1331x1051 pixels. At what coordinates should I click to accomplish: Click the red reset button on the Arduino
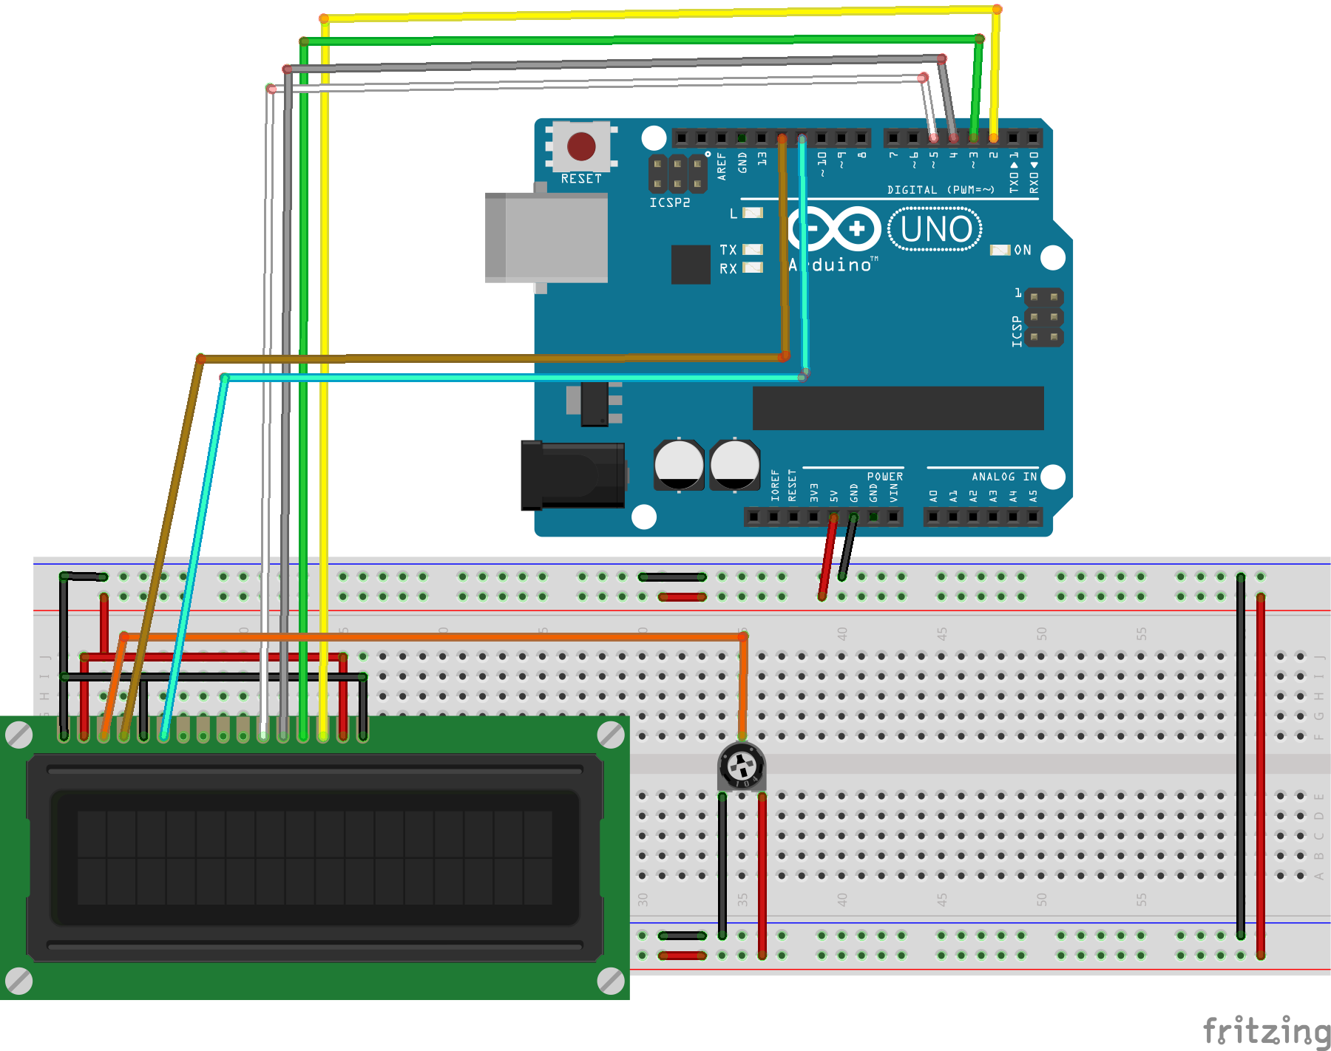[581, 146]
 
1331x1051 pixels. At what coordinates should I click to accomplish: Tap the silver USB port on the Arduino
[546, 238]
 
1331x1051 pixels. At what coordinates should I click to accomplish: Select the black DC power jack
[572, 475]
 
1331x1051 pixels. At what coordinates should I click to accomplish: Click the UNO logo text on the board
[935, 229]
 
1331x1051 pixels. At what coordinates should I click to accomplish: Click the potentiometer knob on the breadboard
[742, 767]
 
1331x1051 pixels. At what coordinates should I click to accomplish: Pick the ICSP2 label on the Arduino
[669, 203]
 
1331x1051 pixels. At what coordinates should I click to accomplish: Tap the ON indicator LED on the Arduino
[1000, 250]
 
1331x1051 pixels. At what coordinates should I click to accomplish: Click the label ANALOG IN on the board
[1003, 477]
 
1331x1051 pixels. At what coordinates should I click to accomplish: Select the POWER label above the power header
[884, 477]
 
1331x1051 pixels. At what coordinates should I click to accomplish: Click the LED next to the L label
[753, 213]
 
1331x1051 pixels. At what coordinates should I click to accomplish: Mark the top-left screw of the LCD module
[18, 735]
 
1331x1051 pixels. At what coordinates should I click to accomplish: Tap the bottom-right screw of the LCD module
[610, 981]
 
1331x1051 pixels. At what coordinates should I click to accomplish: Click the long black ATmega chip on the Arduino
[898, 407]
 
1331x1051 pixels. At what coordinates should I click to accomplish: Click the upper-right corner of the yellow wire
[997, 10]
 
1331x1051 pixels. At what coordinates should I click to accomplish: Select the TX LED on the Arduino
[753, 249]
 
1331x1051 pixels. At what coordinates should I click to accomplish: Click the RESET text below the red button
[581, 179]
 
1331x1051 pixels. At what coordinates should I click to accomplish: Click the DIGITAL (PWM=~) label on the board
[940, 190]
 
